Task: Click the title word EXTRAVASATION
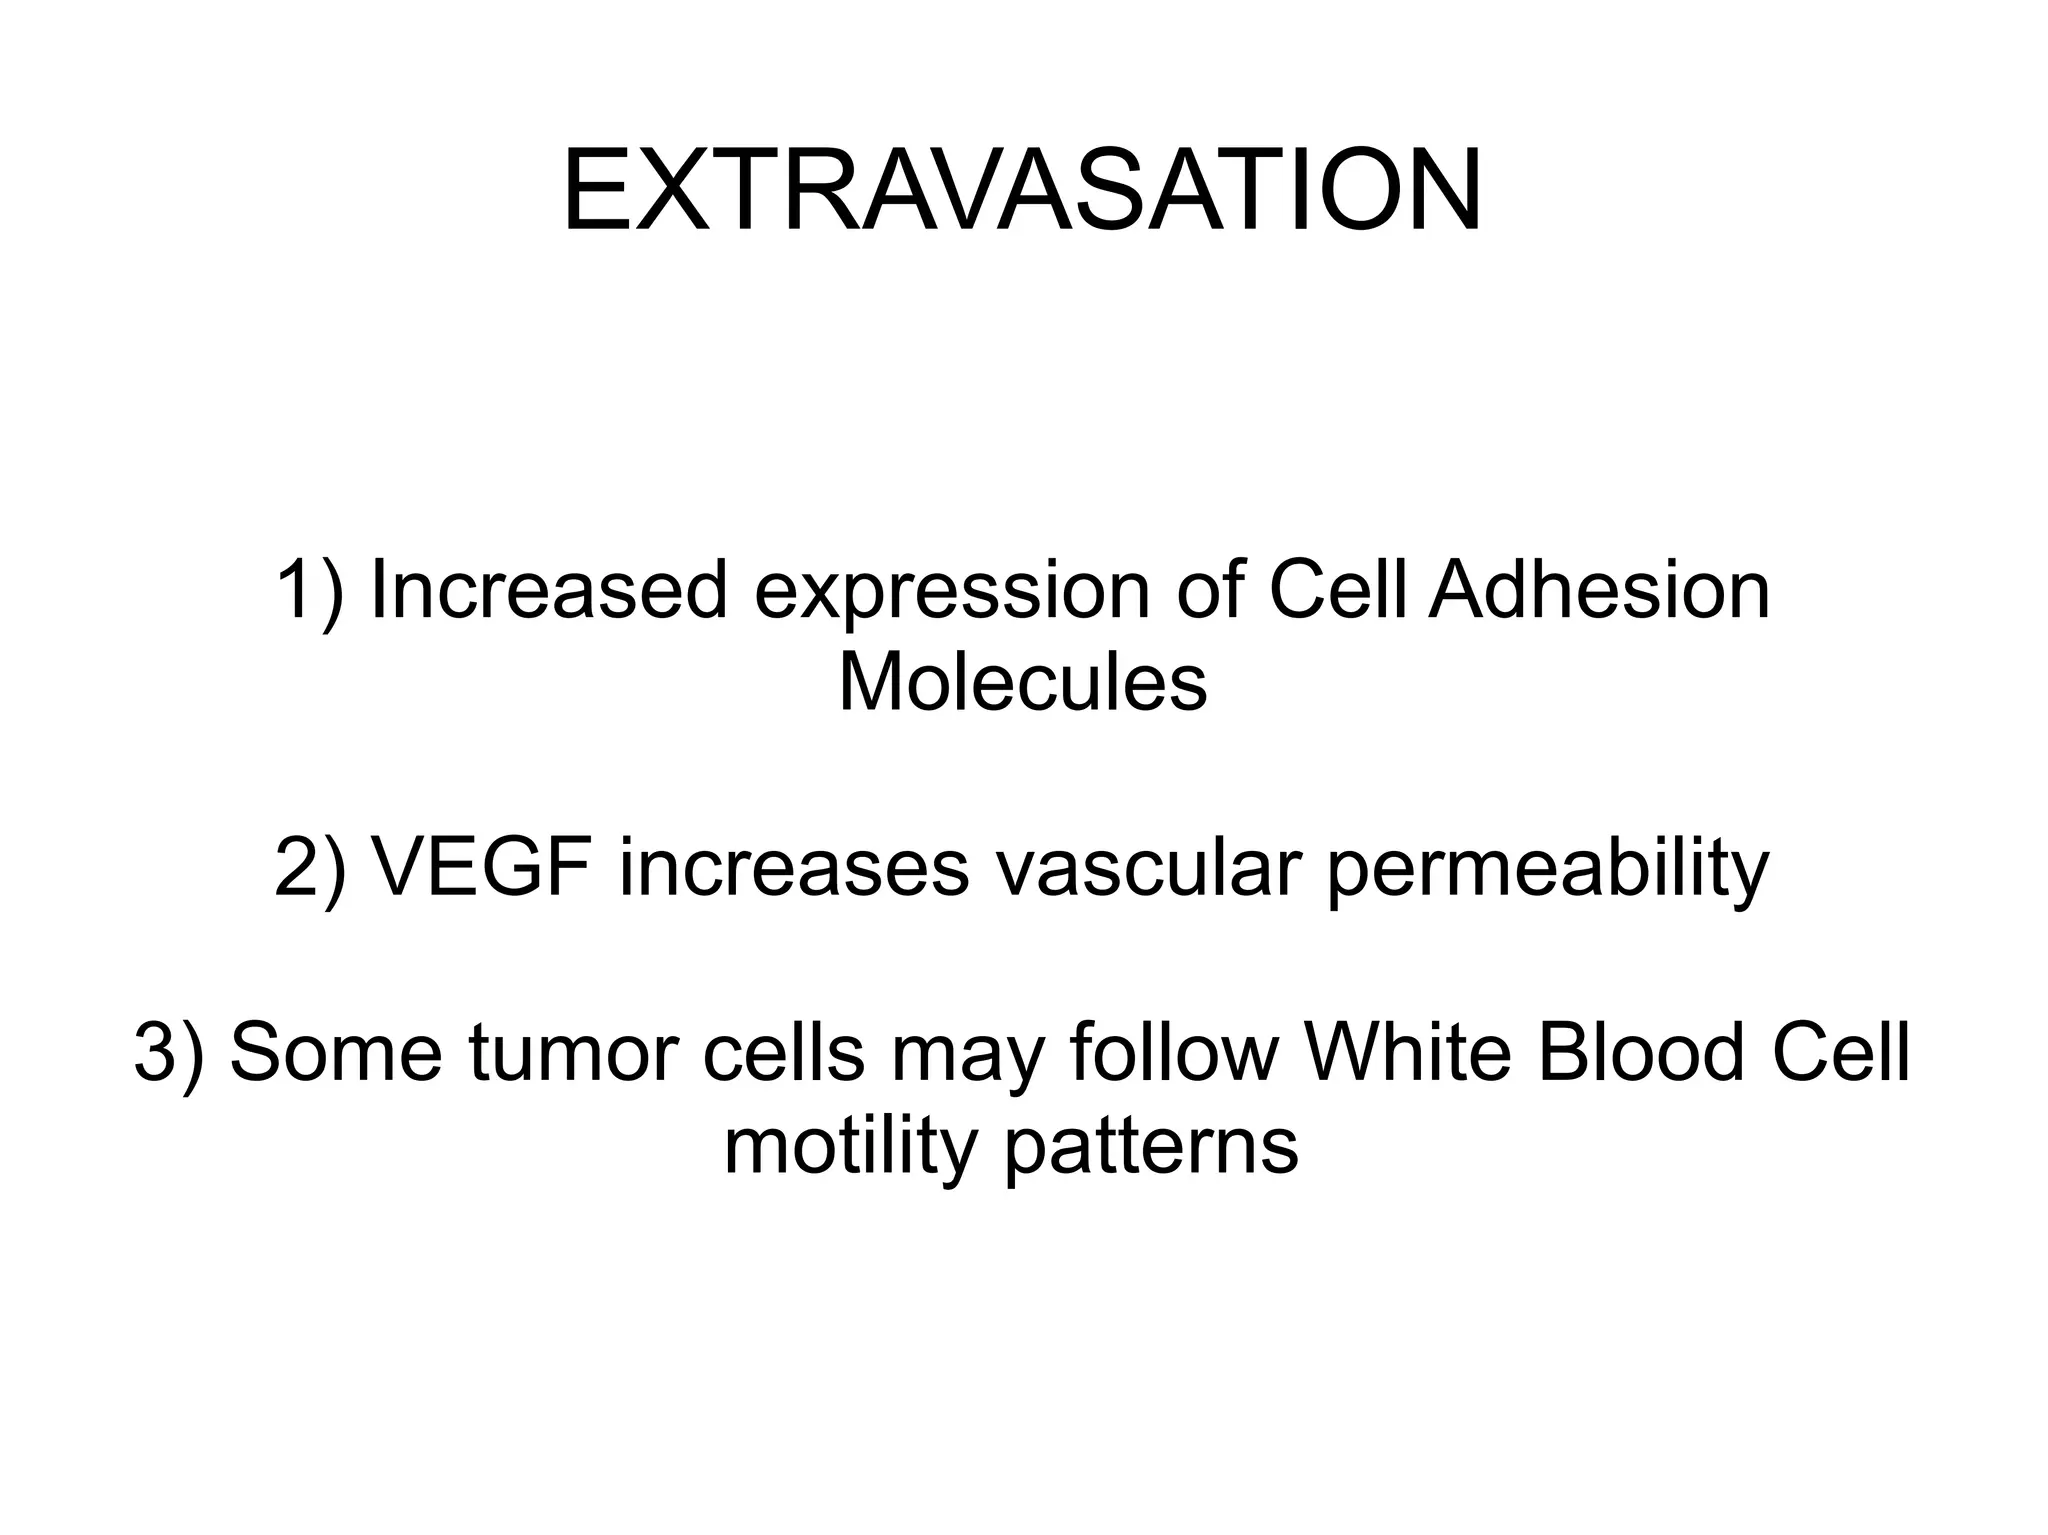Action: pos(1022,191)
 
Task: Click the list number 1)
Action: pos(309,592)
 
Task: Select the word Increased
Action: pos(548,592)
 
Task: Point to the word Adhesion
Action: pos(1598,591)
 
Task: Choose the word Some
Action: pos(336,1053)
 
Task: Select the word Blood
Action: pos(1640,1053)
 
